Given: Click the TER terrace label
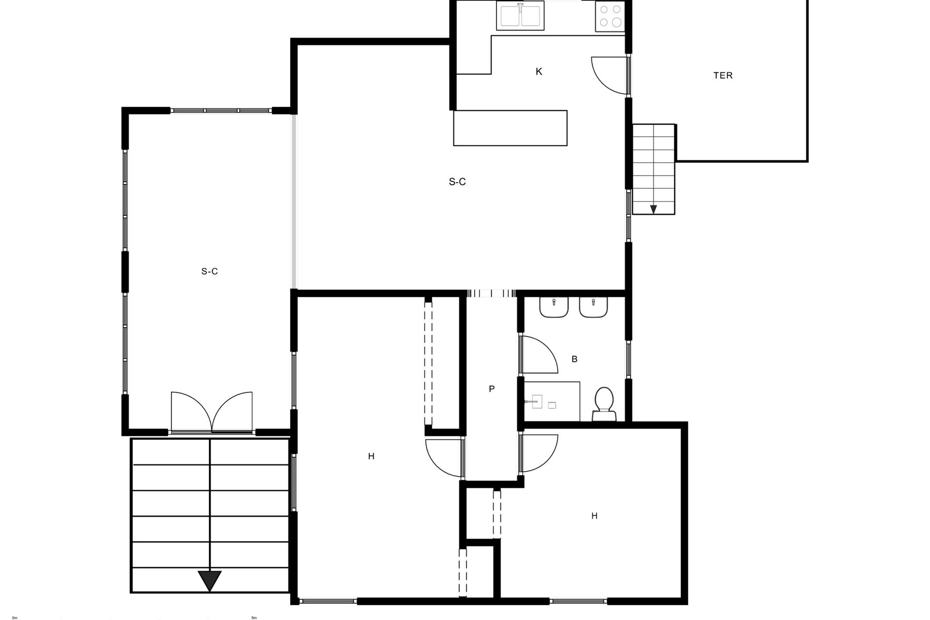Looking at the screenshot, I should click(x=723, y=76).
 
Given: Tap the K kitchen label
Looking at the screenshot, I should click(x=539, y=72).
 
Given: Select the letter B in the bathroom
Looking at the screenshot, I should click(x=574, y=359).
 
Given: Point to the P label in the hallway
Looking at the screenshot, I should click(x=492, y=388).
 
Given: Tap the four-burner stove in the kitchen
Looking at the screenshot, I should click(x=610, y=16).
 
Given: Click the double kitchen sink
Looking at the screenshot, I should click(x=520, y=15).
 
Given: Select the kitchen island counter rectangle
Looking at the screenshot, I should click(x=510, y=128).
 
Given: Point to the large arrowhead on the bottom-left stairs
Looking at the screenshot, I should click(x=210, y=580).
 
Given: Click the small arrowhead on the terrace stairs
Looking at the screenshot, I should click(x=653, y=209).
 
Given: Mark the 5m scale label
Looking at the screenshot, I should click(x=254, y=618).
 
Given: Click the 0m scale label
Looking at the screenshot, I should click(x=15, y=618).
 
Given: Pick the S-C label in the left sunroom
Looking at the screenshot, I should click(x=209, y=271).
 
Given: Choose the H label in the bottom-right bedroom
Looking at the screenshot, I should click(x=594, y=516).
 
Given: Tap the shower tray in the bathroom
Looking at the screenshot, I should click(x=552, y=401).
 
